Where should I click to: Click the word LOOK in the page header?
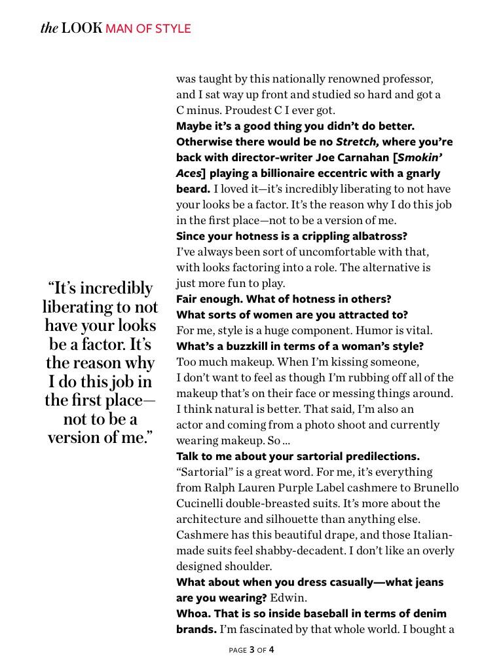tap(82, 28)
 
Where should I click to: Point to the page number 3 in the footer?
tap(251, 650)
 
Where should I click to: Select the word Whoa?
tap(192, 614)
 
